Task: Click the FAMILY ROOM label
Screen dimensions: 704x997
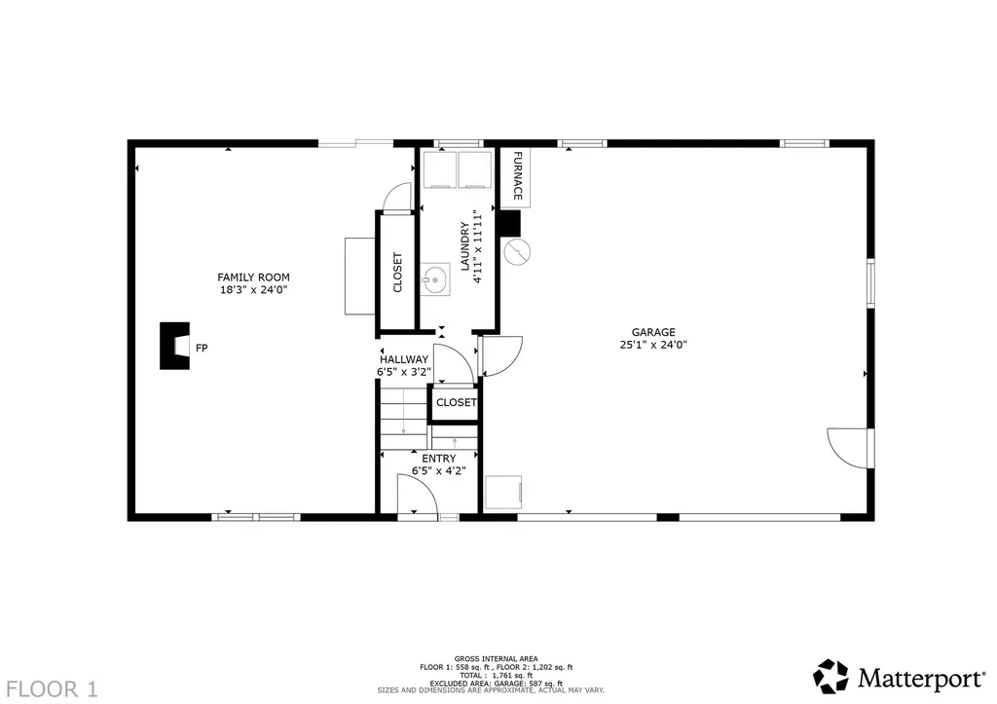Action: coord(252,278)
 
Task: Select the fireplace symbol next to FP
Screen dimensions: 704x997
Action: coord(175,347)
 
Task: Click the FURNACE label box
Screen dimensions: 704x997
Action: coord(517,177)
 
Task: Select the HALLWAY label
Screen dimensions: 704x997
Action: coord(403,359)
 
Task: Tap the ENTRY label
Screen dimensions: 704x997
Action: coord(438,459)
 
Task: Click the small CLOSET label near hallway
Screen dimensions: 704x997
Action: coord(456,402)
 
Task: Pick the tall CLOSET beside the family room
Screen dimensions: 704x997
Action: coord(397,273)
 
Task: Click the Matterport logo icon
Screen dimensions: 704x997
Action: coord(831,676)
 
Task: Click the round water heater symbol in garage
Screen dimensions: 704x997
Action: coord(519,252)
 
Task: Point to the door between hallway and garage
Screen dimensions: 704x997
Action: coord(500,355)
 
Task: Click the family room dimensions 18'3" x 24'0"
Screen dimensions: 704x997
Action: coord(252,289)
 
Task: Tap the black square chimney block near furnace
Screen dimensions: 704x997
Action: coord(508,223)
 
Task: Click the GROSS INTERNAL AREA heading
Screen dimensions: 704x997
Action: coord(496,658)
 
